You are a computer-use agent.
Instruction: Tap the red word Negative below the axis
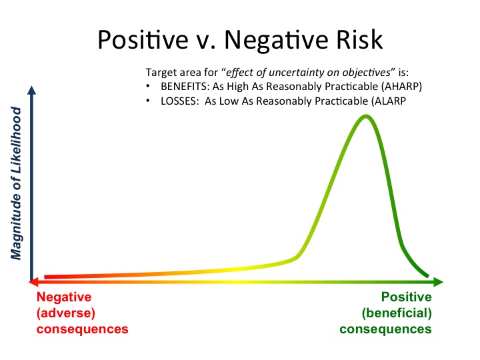tap(64, 297)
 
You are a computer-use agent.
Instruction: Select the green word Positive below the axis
tap(406, 297)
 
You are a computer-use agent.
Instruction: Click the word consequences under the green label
tap(385, 329)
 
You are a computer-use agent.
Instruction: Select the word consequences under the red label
tap(82, 329)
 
